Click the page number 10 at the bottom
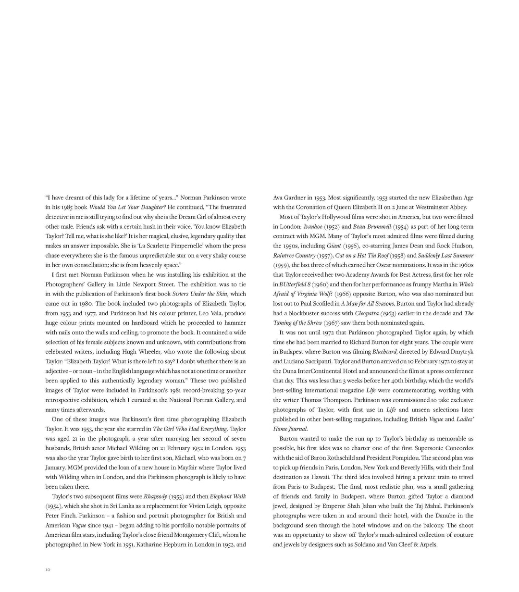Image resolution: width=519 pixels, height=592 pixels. (48, 570)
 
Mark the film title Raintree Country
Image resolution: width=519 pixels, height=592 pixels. (294, 256)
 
